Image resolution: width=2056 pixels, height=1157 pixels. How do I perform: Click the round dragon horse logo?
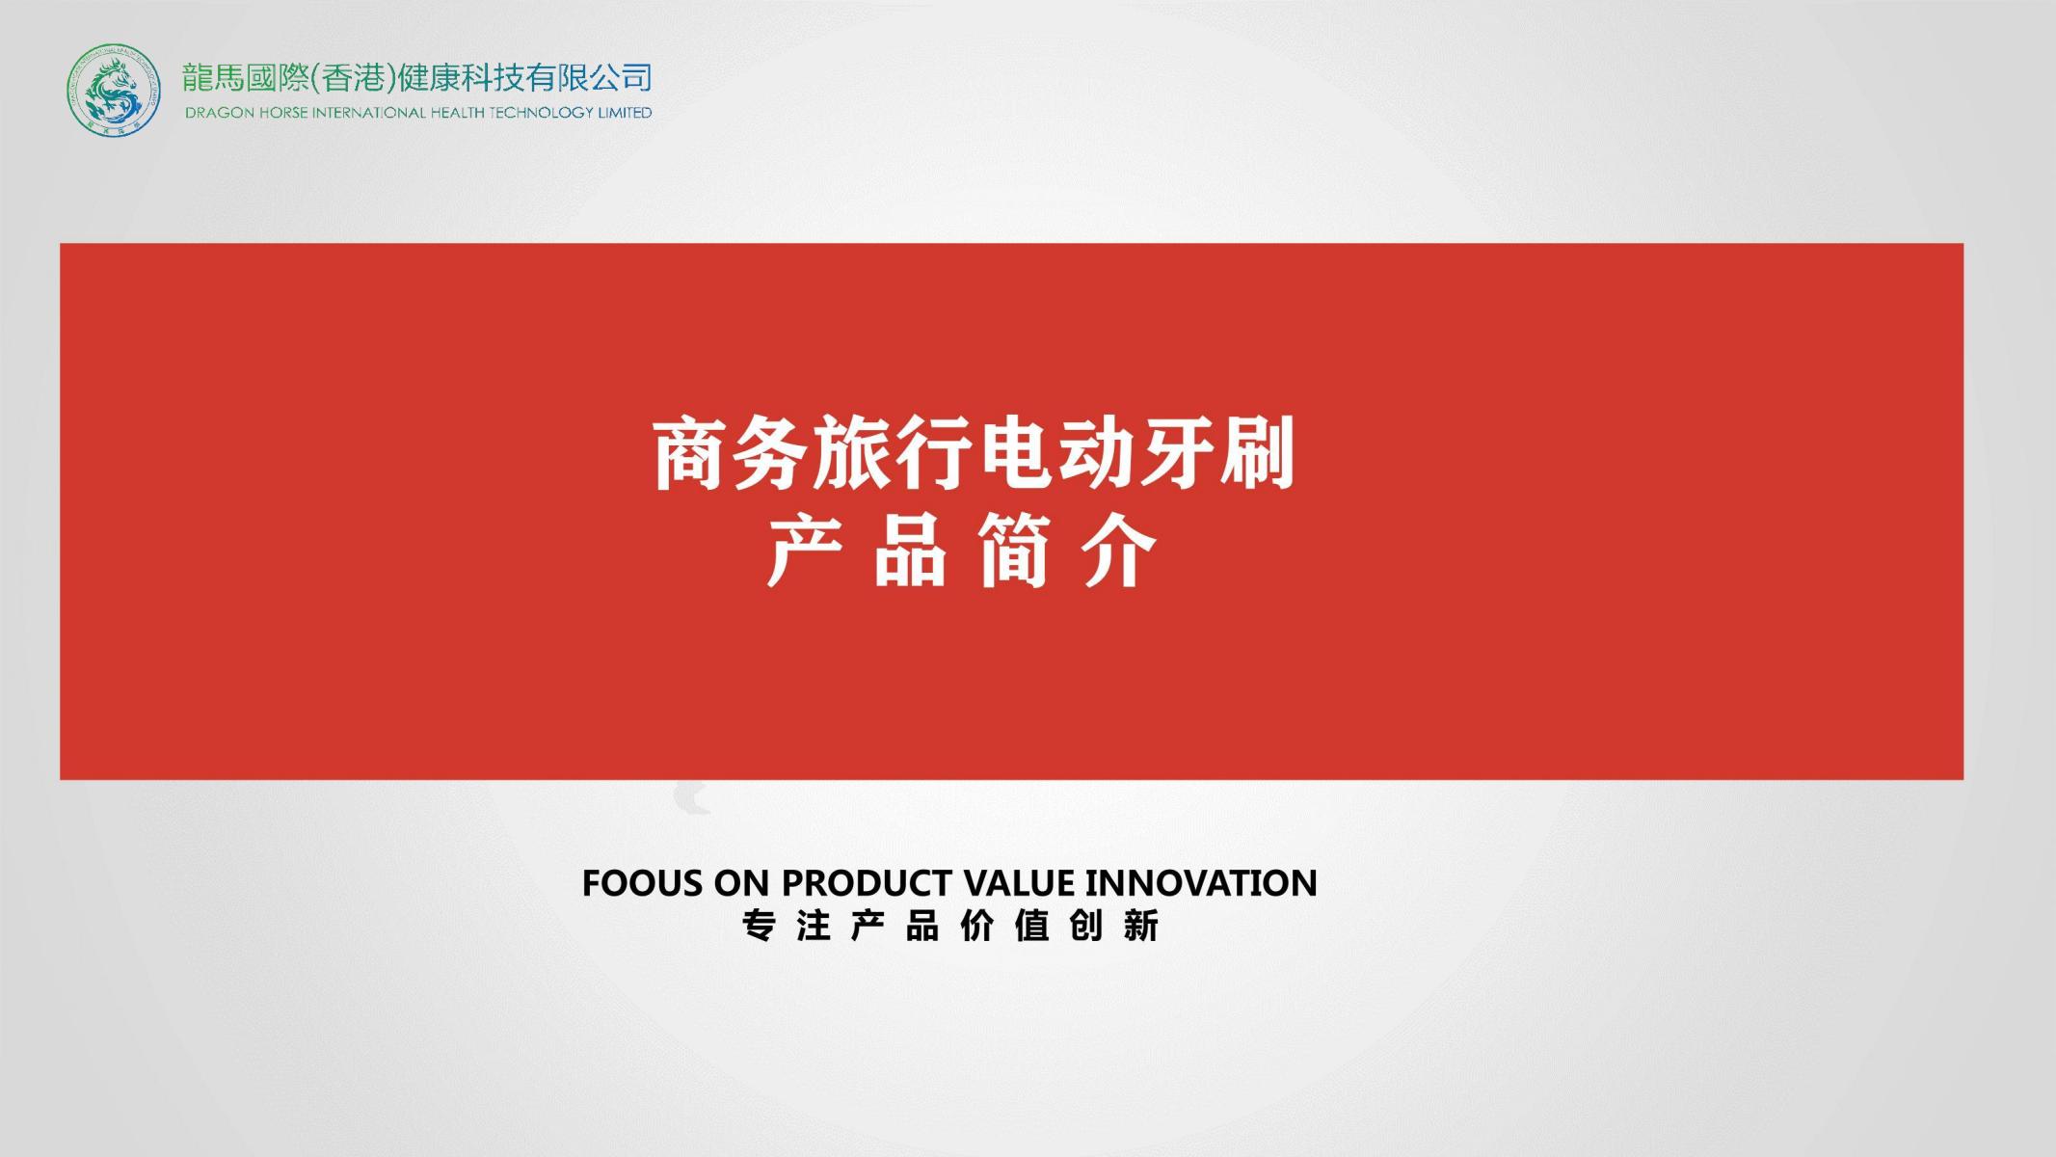coord(114,90)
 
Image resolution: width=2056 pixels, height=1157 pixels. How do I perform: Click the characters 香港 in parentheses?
coord(354,77)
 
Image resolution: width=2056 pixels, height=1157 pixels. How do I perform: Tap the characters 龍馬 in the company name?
coord(213,77)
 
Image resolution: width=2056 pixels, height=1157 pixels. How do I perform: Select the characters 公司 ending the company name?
coord(621,77)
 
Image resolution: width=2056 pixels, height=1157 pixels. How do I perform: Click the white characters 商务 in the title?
coord(731,453)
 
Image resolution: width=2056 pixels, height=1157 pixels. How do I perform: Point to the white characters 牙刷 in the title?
coord(1216,453)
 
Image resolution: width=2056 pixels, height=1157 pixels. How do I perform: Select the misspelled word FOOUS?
coord(643,883)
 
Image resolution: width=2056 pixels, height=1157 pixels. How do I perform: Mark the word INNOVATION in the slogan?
coord(1201,883)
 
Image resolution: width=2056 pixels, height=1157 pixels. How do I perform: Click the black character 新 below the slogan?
coord(1141,927)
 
